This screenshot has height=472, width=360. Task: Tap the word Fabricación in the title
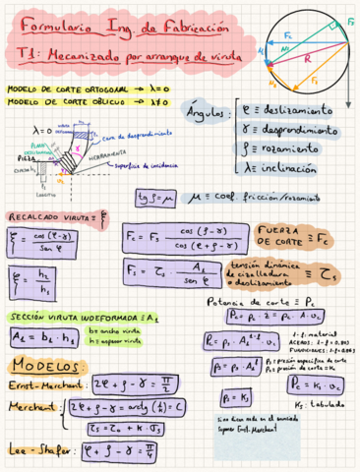(x=181, y=29)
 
